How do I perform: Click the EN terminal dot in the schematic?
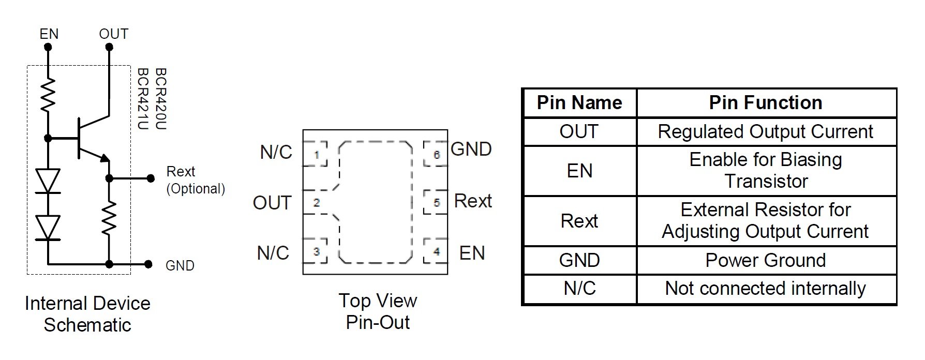click(x=48, y=47)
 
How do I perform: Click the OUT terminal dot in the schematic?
click(x=109, y=47)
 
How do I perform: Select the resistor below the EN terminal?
click(x=48, y=95)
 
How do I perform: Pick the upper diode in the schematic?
click(x=48, y=181)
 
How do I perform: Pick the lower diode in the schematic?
click(x=48, y=228)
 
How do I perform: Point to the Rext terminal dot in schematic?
click(x=151, y=178)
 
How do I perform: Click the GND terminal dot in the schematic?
click(x=148, y=264)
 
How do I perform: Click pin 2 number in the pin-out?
click(x=316, y=203)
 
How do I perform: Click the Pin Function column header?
click(x=766, y=102)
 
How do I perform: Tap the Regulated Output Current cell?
click(x=766, y=132)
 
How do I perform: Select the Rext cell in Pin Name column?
click(x=579, y=221)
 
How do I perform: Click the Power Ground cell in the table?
click(x=766, y=260)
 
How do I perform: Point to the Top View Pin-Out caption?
click(x=378, y=311)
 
